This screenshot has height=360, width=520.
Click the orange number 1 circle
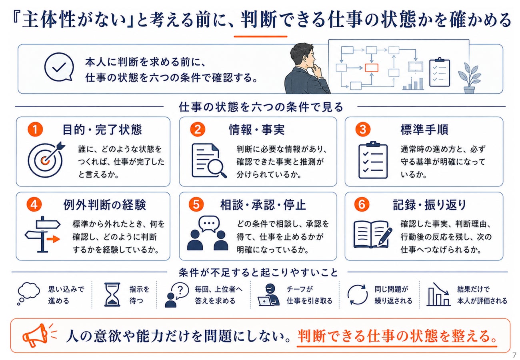[35, 130]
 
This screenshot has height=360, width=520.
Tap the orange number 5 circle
[196, 204]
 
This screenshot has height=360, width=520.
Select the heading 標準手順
[424, 130]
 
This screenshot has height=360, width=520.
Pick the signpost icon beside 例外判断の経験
[43, 234]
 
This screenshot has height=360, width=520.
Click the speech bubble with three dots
[209, 224]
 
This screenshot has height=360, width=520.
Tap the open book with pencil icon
[373, 234]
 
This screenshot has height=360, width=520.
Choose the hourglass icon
[112, 294]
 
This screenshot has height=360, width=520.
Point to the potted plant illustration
[469, 78]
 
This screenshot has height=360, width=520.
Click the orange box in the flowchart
[372, 68]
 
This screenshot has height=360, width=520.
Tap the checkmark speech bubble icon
[59, 67]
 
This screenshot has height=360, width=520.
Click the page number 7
[514, 355]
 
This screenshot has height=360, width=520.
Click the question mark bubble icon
[177, 295]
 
